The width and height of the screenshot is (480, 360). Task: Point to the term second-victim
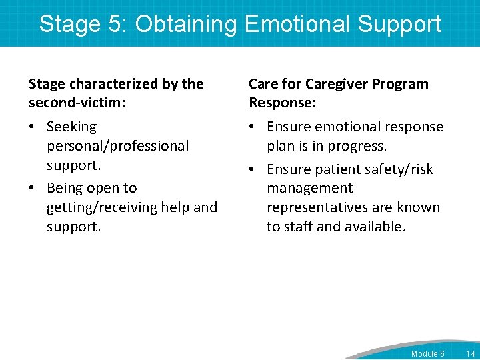(79, 103)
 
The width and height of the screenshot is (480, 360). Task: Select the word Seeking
(71, 127)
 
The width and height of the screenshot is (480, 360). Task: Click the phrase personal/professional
(117, 145)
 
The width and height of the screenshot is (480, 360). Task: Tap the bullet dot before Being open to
(33, 189)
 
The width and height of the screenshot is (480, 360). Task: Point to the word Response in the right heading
(279, 103)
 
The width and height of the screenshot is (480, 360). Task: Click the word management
(309, 189)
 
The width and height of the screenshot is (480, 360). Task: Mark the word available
(374, 226)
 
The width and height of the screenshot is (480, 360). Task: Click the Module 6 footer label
(427, 353)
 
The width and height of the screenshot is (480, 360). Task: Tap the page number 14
(470, 353)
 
